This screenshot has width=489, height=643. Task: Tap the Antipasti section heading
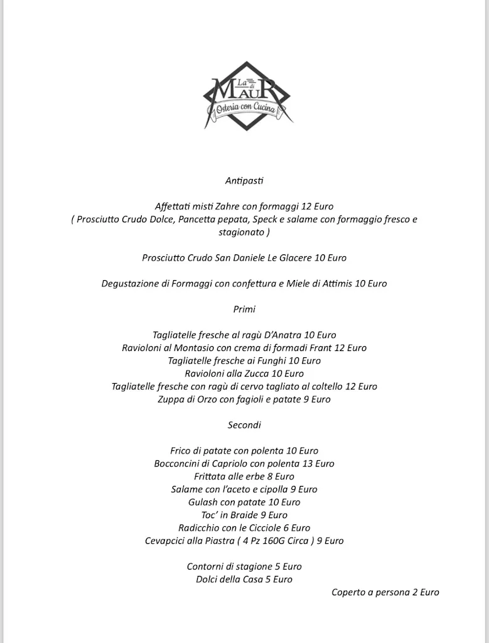click(244, 181)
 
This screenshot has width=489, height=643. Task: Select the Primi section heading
click(244, 310)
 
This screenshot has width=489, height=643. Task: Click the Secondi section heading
click(244, 425)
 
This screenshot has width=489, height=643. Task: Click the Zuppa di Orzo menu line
click(244, 399)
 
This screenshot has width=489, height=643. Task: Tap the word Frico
click(181, 451)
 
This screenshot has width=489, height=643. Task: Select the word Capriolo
click(224, 464)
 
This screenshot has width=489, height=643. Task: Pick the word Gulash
click(202, 502)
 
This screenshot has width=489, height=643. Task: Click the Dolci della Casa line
click(244, 580)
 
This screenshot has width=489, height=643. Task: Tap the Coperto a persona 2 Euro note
click(385, 592)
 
